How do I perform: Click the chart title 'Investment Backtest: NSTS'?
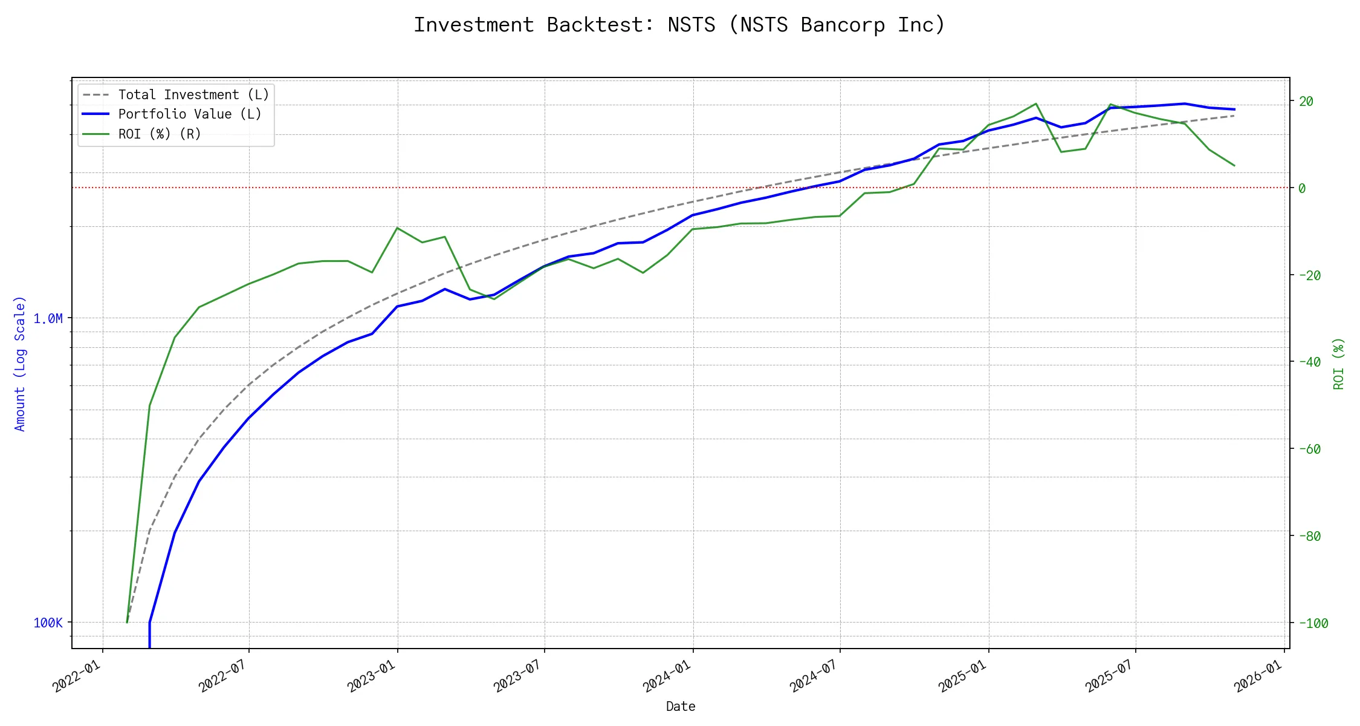pyautogui.click(x=679, y=25)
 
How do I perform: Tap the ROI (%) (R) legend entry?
pyautogui.click(x=160, y=134)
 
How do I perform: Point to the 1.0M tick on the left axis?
pyautogui.click(x=48, y=318)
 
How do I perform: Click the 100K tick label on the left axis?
pyautogui.click(x=48, y=623)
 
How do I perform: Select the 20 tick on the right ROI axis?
pyautogui.click(x=1306, y=102)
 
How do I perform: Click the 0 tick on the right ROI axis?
pyautogui.click(x=1302, y=188)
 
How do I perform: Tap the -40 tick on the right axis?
pyautogui.click(x=1309, y=362)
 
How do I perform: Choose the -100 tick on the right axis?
pyautogui.click(x=1313, y=623)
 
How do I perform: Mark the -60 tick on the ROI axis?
pyautogui.click(x=1309, y=449)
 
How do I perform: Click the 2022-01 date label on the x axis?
pyautogui.click(x=76, y=676)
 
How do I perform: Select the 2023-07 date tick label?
pyautogui.click(x=518, y=676)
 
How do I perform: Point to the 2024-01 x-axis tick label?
pyautogui.click(x=667, y=676)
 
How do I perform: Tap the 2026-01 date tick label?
pyautogui.click(x=1258, y=676)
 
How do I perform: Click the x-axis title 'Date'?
pyautogui.click(x=681, y=706)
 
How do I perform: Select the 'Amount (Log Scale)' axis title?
pyautogui.click(x=20, y=363)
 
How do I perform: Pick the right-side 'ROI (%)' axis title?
pyautogui.click(x=1339, y=363)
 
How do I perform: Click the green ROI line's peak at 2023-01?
pyautogui.click(x=397, y=228)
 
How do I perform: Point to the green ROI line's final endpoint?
pyautogui.click(x=1234, y=166)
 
